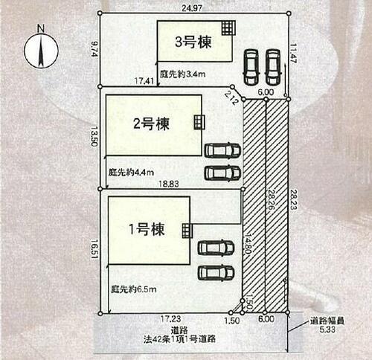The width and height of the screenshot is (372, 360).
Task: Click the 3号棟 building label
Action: (x=193, y=42)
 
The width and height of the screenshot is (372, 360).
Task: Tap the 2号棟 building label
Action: (x=151, y=123)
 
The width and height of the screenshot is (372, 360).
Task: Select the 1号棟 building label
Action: (x=147, y=229)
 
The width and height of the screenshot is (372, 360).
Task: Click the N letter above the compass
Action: (x=41, y=28)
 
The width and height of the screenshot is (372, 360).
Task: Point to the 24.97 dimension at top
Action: (x=192, y=8)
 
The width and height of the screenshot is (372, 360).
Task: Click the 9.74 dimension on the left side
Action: (x=94, y=49)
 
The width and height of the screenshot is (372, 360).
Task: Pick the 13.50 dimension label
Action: (x=94, y=136)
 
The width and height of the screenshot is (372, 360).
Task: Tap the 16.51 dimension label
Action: (x=94, y=249)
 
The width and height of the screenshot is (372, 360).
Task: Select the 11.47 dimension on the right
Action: (x=293, y=54)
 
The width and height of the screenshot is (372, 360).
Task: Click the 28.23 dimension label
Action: (x=293, y=199)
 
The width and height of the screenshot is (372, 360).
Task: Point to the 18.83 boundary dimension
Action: (x=169, y=184)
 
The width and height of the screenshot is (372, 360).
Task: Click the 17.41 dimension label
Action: (x=144, y=81)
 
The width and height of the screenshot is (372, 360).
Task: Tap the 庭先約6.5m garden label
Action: (x=133, y=289)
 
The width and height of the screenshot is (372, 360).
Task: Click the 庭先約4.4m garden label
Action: (x=131, y=172)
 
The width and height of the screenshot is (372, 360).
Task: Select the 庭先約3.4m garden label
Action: (x=182, y=74)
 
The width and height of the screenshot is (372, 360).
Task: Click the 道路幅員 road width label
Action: (x=327, y=321)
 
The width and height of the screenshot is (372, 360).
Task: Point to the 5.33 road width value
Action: (x=327, y=330)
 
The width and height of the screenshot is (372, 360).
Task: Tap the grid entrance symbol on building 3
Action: (x=228, y=28)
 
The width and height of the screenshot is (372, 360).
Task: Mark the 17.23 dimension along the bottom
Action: (x=170, y=319)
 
